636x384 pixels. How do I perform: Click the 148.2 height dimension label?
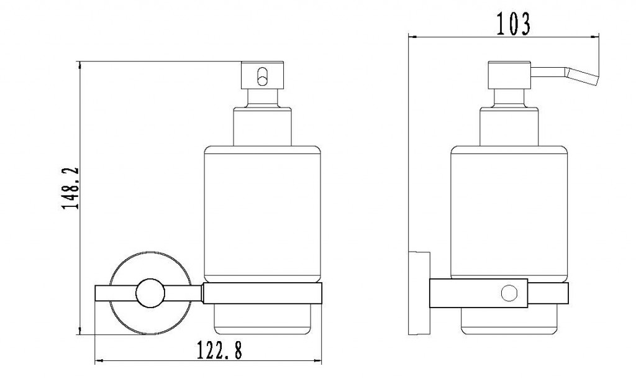coord(70,188)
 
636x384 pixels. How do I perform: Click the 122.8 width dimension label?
coord(219,350)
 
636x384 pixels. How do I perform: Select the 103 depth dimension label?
coord(513,24)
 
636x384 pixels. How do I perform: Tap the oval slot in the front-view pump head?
coord(263,76)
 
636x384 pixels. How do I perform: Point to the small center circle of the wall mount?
coord(150,293)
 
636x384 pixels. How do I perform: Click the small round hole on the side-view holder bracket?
coord(509,293)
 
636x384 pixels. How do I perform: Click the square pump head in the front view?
coord(263,75)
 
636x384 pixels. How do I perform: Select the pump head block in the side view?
coord(509,75)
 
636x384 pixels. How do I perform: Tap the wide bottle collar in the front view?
coord(263,126)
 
